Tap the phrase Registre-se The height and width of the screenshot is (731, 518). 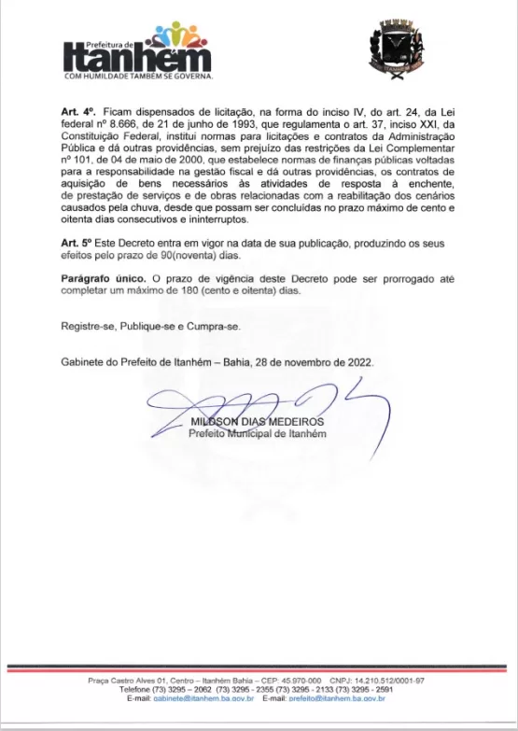(x=87, y=328)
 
